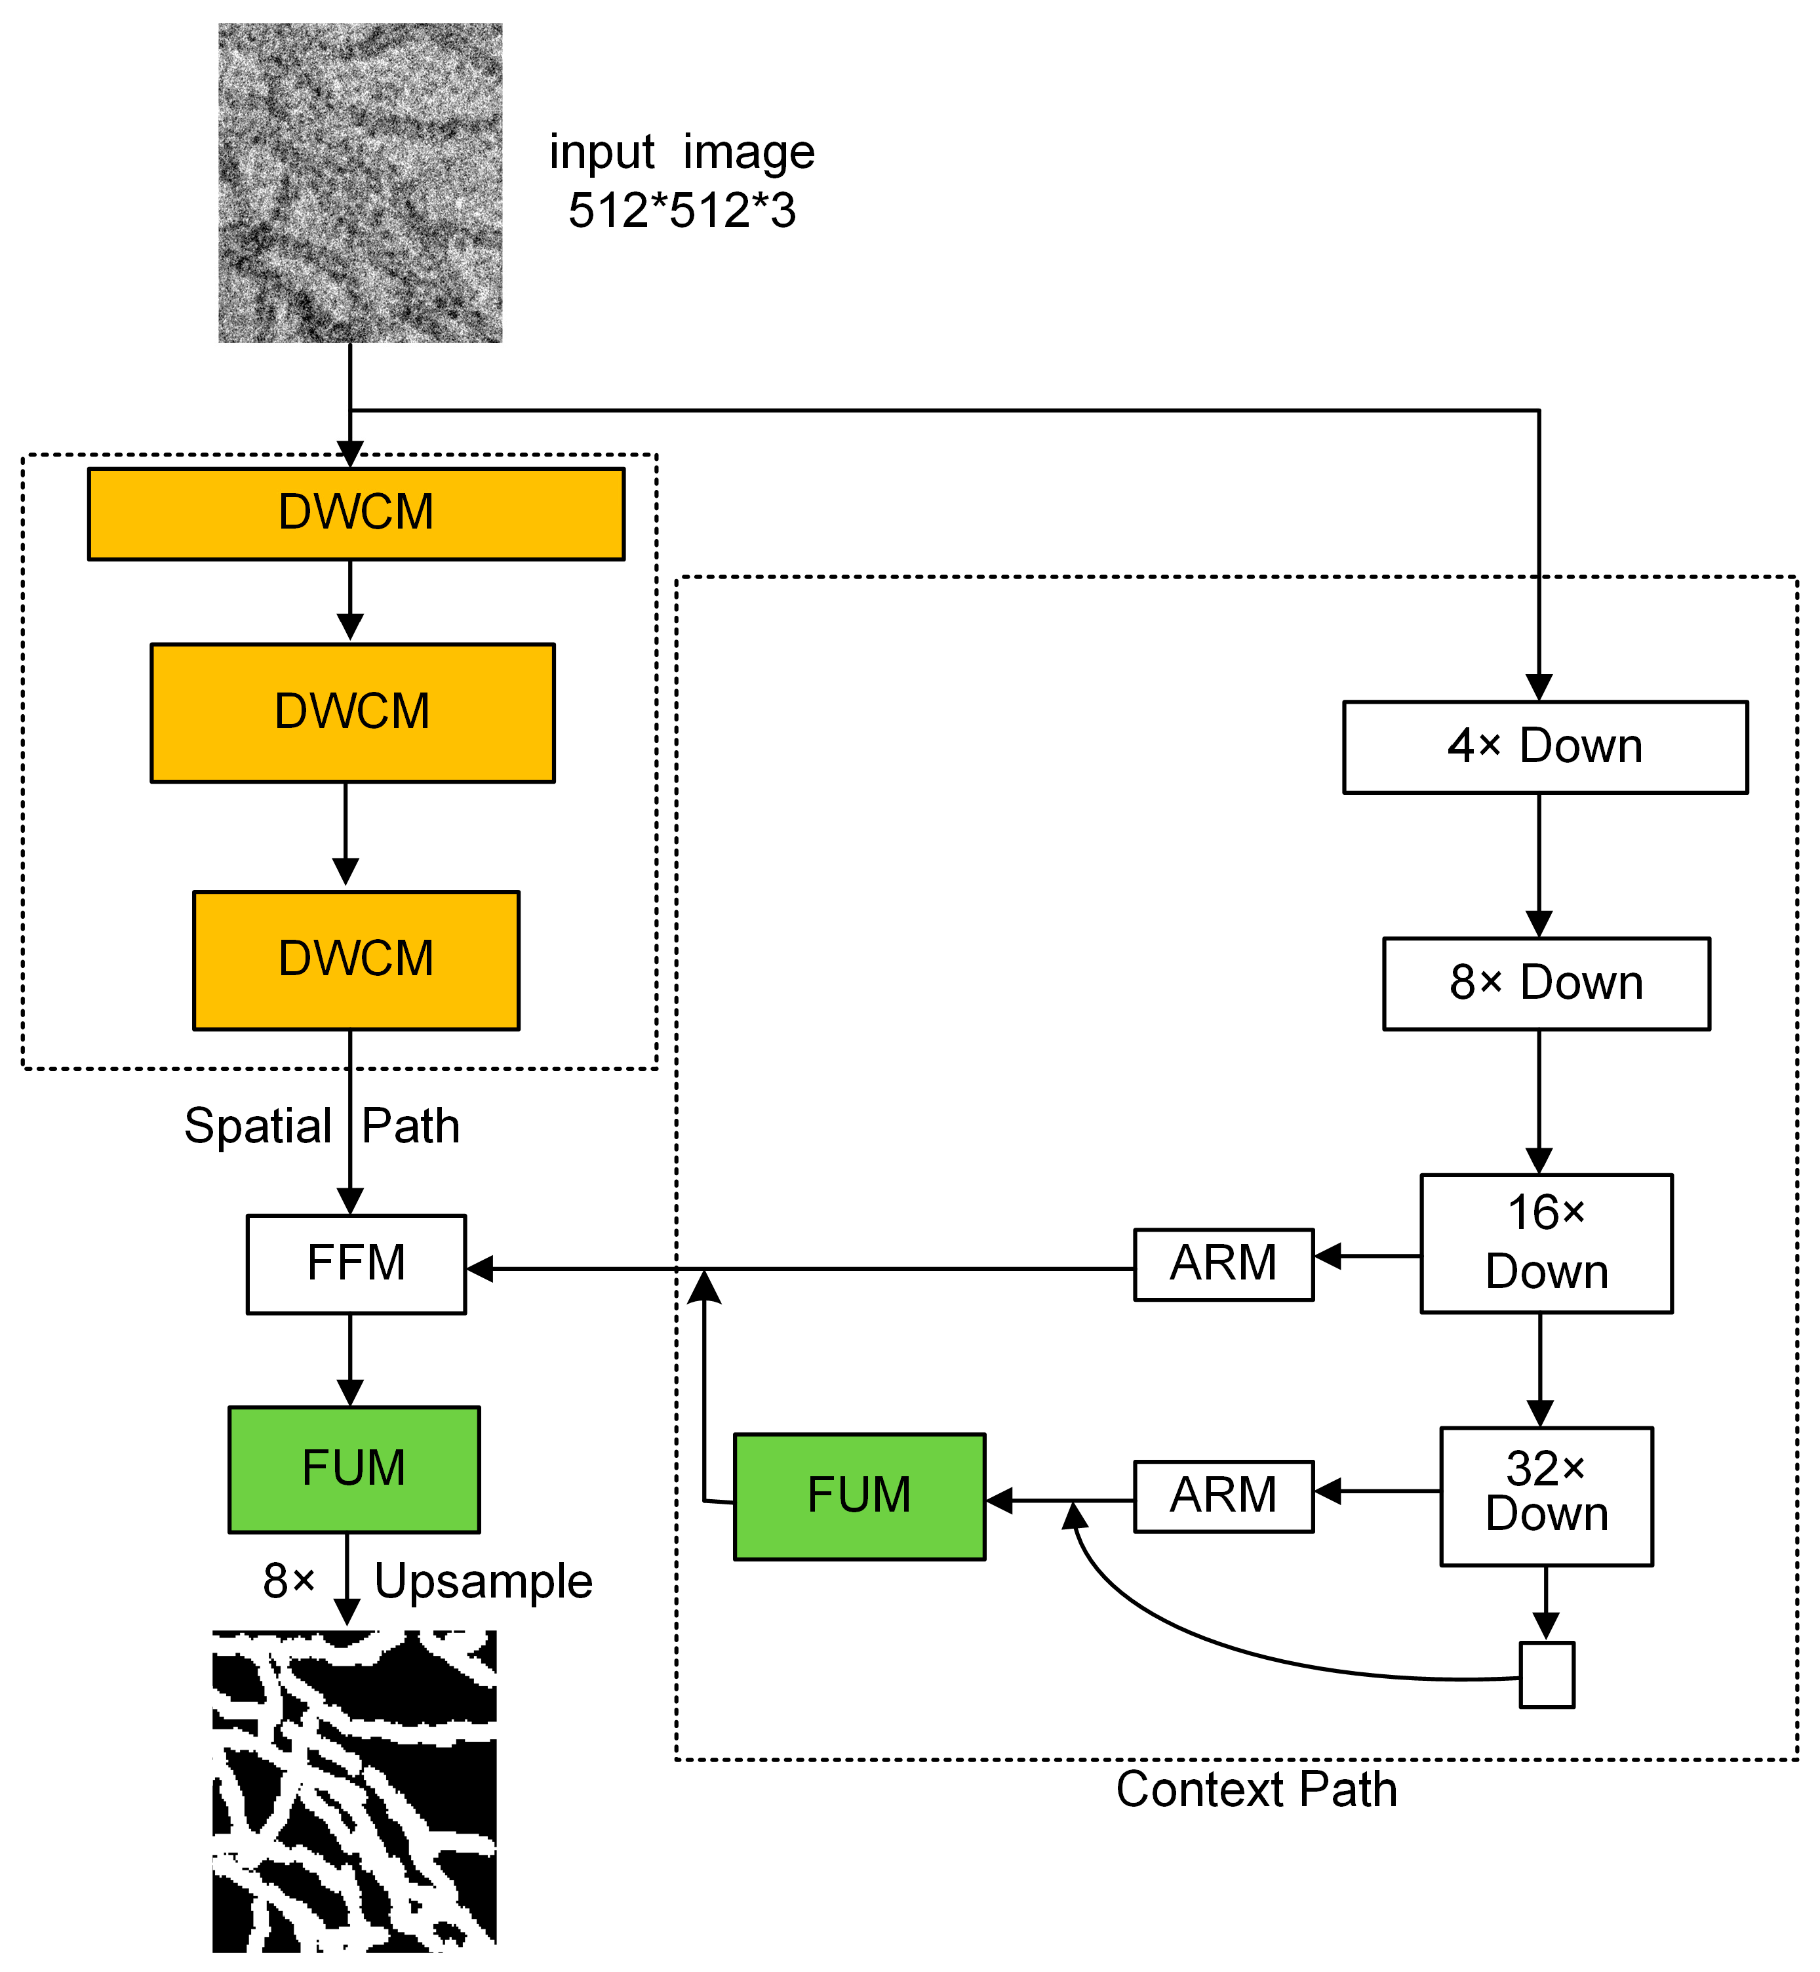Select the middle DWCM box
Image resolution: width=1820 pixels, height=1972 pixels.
[353, 713]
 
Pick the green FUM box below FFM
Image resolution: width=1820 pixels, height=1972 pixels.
[353, 1468]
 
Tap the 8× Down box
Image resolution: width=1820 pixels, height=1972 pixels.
[1545, 984]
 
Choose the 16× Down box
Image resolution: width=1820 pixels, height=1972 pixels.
[1545, 1243]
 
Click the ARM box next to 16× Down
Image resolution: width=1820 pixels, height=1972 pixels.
[1223, 1264]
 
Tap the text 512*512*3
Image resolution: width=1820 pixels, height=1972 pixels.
[681, 211]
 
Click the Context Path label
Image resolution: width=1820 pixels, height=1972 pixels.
[1256, 1790]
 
